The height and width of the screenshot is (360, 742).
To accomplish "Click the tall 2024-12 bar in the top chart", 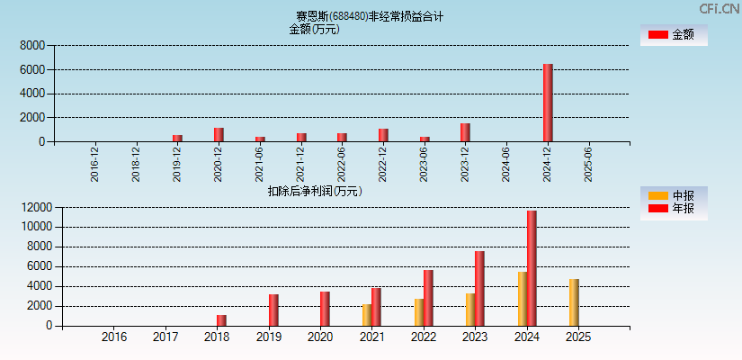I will pos(548,103).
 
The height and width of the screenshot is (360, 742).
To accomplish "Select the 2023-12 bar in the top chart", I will pos(465,132).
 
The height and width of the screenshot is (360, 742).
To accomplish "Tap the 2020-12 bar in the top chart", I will pos(219,134).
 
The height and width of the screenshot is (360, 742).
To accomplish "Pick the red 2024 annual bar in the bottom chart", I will pos(532,268).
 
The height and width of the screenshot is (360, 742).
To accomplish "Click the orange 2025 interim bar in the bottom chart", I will pos(574,302).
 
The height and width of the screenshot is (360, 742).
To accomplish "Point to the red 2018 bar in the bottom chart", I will pos(221,320).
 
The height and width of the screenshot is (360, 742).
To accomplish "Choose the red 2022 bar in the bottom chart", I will pos(428,298).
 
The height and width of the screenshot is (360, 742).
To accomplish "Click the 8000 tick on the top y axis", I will pos(31,45).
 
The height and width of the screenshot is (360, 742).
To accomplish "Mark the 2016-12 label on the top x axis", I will pos(95,165).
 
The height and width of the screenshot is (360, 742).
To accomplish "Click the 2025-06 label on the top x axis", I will pos(588,165).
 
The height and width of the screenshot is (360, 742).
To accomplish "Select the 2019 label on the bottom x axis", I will pos(269,337).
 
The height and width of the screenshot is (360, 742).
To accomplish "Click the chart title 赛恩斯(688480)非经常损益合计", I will pos(370,16).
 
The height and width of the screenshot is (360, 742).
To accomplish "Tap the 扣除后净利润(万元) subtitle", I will pos(315,191).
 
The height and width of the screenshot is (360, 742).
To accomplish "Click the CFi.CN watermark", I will pos(719,8).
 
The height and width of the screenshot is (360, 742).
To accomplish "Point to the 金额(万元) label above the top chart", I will pos(314,29).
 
